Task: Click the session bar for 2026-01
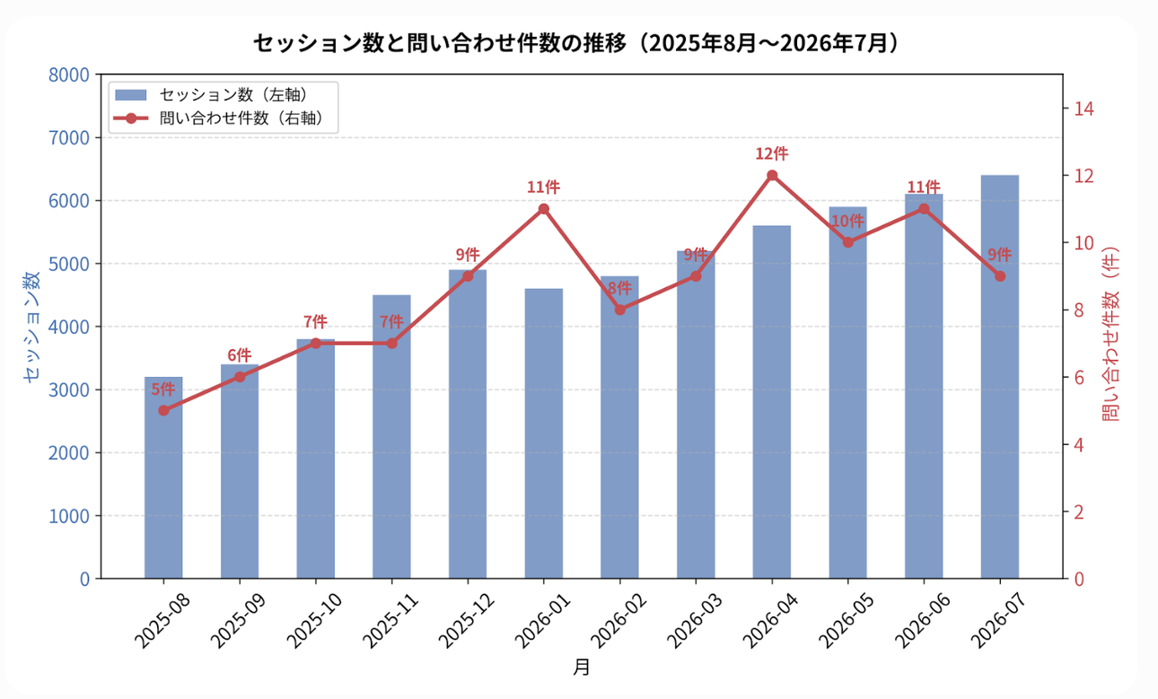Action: click(543, 433)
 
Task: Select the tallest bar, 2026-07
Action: click(1000, 377)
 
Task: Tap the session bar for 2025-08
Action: click(163, 477)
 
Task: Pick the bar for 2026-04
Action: click(772, 402)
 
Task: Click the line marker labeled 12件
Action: click(772, 175)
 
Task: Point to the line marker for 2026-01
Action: click(543, 209)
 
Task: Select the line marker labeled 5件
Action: click(163, 410)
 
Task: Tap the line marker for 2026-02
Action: click(619, 310)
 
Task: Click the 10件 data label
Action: click(847, 221)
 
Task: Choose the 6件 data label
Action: click(240, 355)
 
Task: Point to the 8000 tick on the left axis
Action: click(69, 74)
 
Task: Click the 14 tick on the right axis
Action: click(1083, 109)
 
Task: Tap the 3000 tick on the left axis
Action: click(69, 389)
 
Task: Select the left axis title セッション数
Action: click(31, 327)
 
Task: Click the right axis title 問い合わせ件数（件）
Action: click(1110, 334)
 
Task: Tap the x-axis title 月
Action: click(582, 667)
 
